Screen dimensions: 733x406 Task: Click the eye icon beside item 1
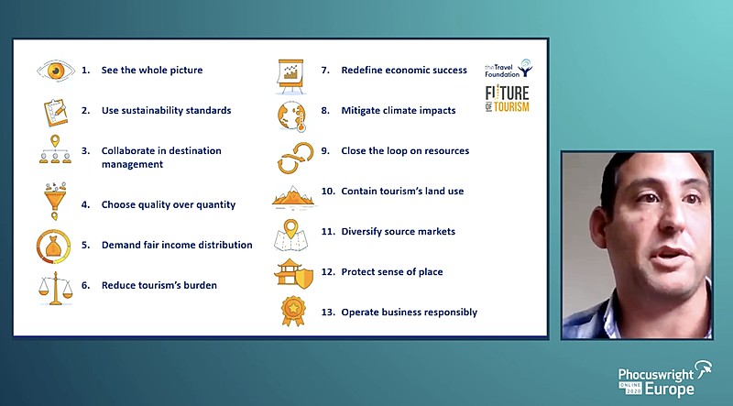pyautogui.click(x=56, y=71)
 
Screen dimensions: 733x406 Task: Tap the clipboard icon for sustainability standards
pyautogui.click(x=56, y=112)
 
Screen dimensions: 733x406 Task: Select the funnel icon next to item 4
pyautogui.click(x=55, y=201)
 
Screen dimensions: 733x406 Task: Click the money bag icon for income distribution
pyautogui.click(x=54, y=247)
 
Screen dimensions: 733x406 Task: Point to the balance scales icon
pyautogui.click(x=56, y=288)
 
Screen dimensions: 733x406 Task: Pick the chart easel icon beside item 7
pyautogui.click(x=290, y=75)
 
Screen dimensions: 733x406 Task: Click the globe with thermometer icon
pyautogui.click(x=291, y=115)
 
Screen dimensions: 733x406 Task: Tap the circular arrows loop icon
pyautogui.click(x=295, y=158)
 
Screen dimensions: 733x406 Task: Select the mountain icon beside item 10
pyautogui.click(x=293, y=196)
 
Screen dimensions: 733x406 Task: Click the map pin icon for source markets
pyautogui.click(x=290, y=235)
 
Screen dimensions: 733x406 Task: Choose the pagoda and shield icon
pyautogui.click(x=293, y=273)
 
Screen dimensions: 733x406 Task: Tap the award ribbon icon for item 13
pyautogui.click(x=293, y=311)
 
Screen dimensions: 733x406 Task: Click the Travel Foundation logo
pyautogui.click(x=509, y=69)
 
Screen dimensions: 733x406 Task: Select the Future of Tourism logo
pyautogui.click(x=508, y=99)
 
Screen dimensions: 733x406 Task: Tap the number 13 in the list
pyautogui.click(x=327, y=312)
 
